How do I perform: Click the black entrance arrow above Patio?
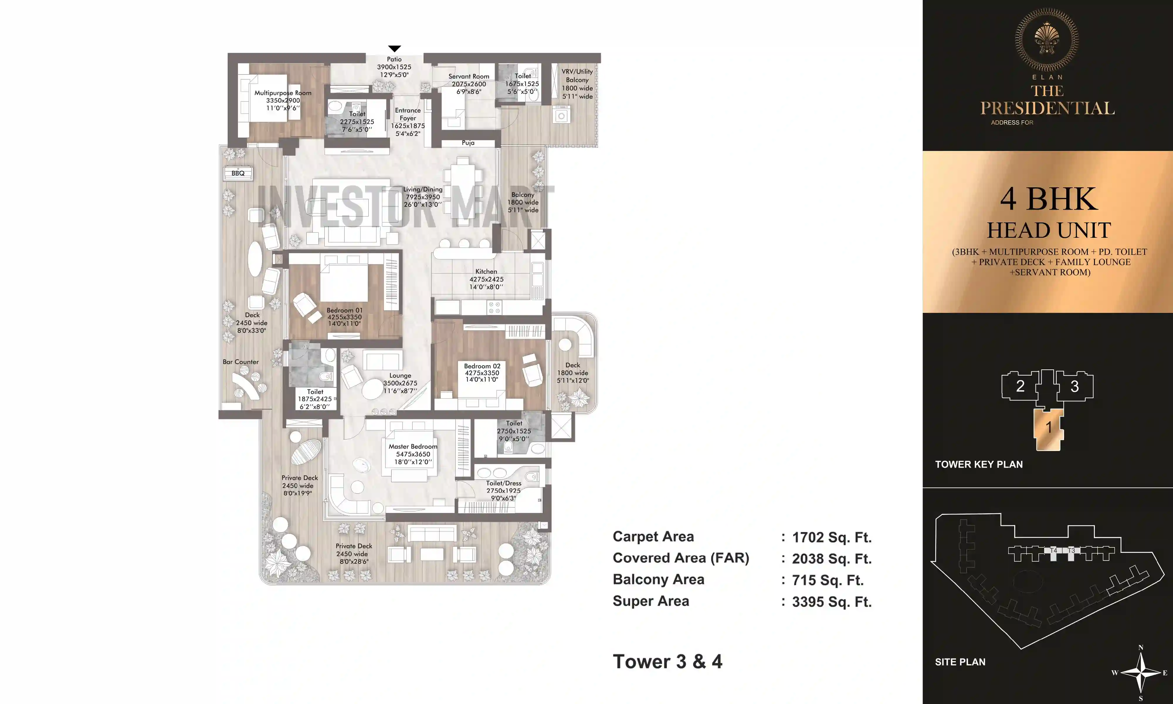[394, 48]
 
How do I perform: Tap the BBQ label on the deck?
[238, 173]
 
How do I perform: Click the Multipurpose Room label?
[283, 93]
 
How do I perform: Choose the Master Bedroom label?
[413, 446]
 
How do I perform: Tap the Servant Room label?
[468, 76]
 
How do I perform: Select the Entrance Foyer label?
[408, 114]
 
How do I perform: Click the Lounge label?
[400, 375]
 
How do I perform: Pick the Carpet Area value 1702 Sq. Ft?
[832, 537]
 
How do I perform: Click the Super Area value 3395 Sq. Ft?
[832, 602]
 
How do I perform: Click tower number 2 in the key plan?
[1020, 386]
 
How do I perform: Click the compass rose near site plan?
[1141, 672]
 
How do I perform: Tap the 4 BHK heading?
[1048, 199]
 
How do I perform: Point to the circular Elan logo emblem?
[1047, 39]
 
